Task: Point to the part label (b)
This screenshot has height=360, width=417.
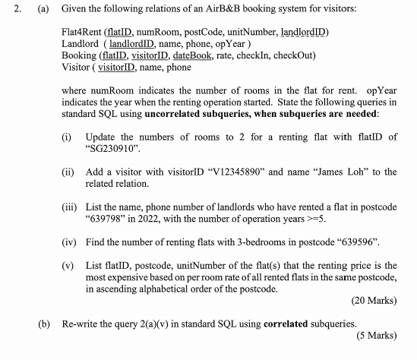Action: pos(46,324)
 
